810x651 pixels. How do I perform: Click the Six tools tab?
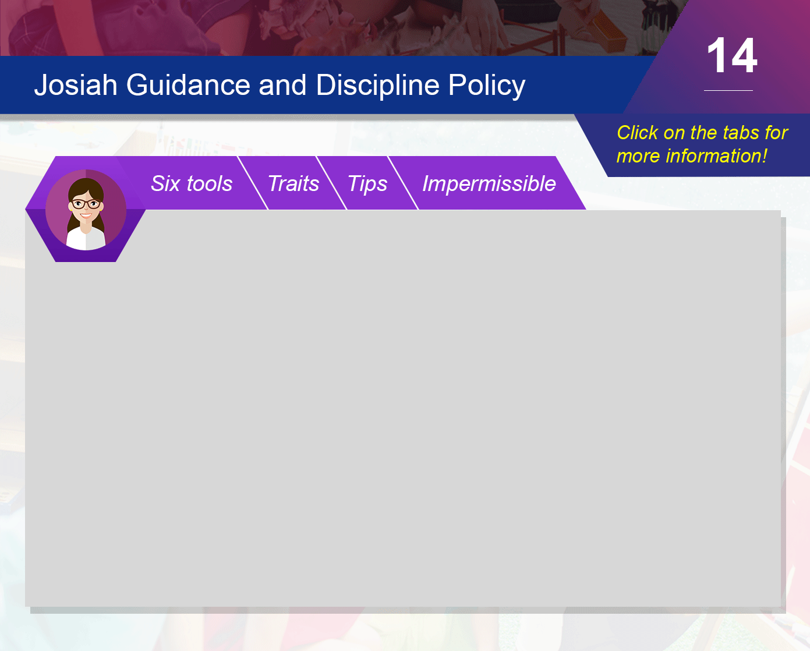tap(192, 184)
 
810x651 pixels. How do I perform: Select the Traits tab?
tap(293, 184)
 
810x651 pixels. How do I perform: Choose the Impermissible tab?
tap(489, 184)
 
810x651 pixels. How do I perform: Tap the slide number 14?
tap(732, 55)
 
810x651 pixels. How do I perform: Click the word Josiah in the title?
tap(76, 85)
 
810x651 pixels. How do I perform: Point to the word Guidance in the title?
tap(188, 85)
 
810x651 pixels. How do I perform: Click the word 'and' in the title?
tap(282, 85)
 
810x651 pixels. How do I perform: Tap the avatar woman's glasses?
tap(86, 204)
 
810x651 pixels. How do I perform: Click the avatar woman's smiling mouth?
tap(86, 216)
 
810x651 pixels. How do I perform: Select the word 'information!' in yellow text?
tap(716, 156)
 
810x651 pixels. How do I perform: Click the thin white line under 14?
tap(728, 90)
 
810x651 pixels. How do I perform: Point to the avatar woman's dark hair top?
tap(86, 185)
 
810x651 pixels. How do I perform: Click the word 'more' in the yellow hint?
tap(638, 157)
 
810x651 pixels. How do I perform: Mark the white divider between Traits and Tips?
tap(331, 183)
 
